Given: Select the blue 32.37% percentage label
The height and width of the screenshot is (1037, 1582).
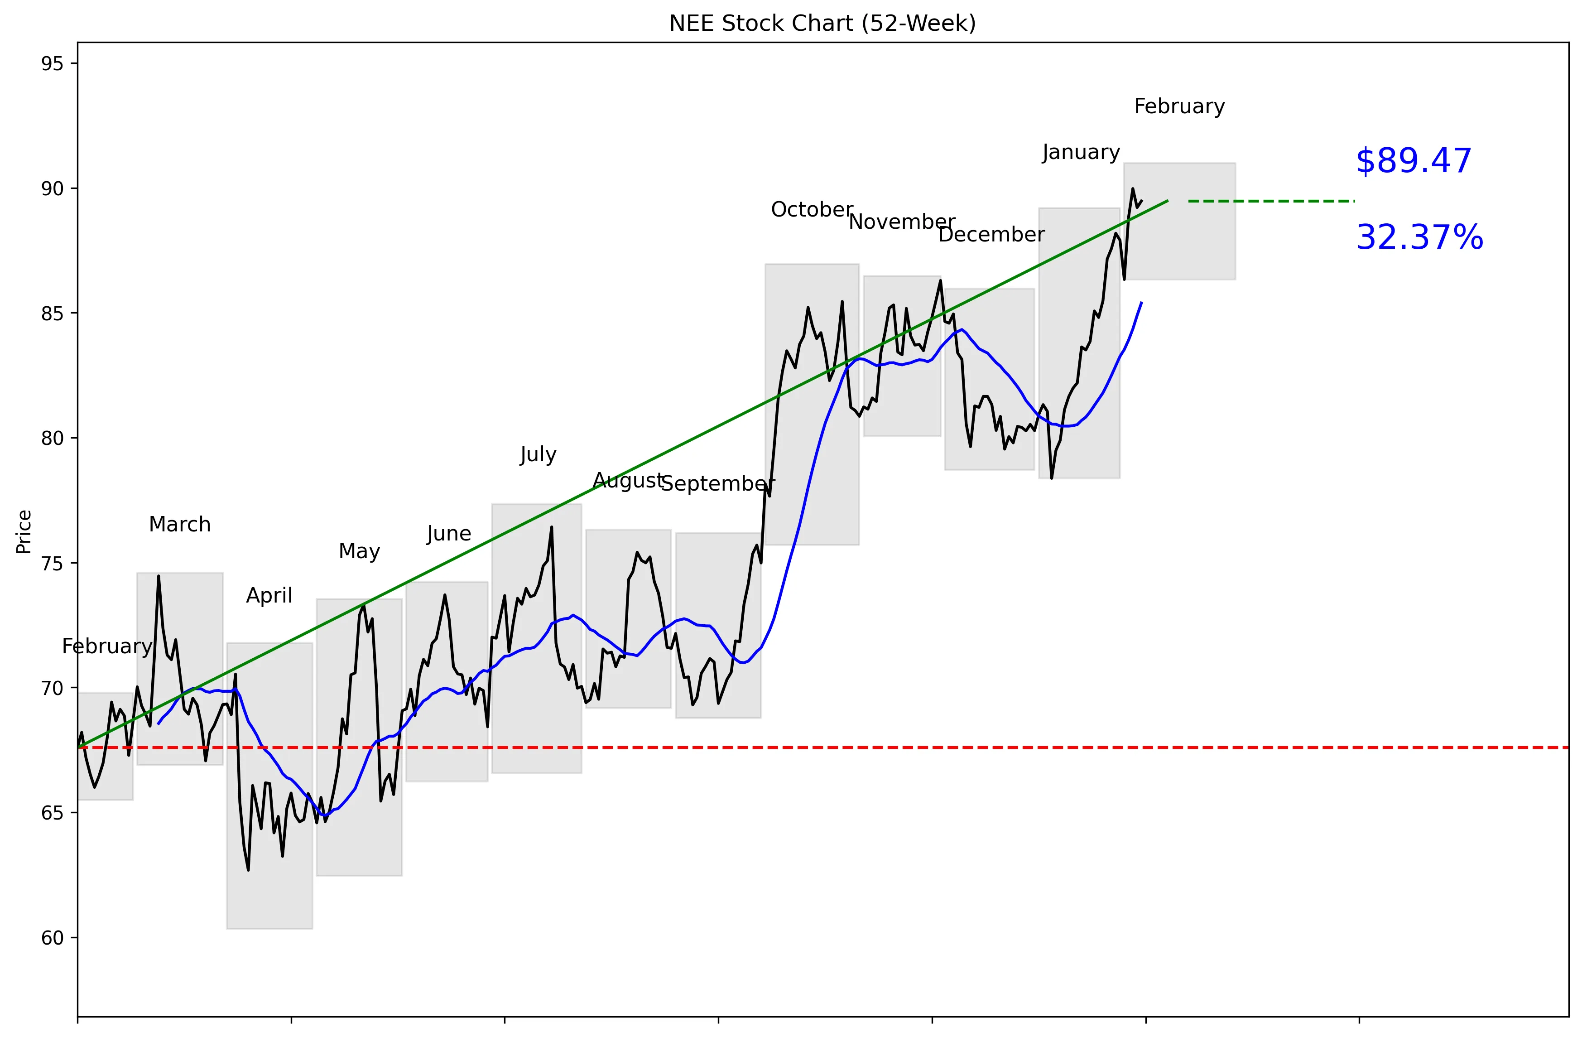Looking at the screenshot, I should point(1419,238).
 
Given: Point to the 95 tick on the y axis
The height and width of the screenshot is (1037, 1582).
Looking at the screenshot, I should point(52,64).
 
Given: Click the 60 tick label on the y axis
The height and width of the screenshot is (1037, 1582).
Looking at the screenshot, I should point(52,938).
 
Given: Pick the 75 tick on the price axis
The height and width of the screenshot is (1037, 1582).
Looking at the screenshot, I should point(52,564).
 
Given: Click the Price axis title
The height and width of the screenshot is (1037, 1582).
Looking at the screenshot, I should point(24,532).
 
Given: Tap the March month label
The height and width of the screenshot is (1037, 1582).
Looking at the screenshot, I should point(179,525).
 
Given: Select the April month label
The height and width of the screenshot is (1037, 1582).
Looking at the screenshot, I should point(269,596).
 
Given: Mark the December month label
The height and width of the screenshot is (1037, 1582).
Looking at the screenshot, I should point(991,235).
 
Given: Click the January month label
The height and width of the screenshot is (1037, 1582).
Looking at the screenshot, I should point(1081,153).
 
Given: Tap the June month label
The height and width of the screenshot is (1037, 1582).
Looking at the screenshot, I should point(449,534).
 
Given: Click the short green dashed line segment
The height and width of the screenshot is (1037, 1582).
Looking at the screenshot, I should point(1271,201).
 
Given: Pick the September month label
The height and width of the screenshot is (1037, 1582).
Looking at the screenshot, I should point(718,484).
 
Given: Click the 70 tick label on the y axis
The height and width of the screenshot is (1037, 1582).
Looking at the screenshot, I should point(52,688).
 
